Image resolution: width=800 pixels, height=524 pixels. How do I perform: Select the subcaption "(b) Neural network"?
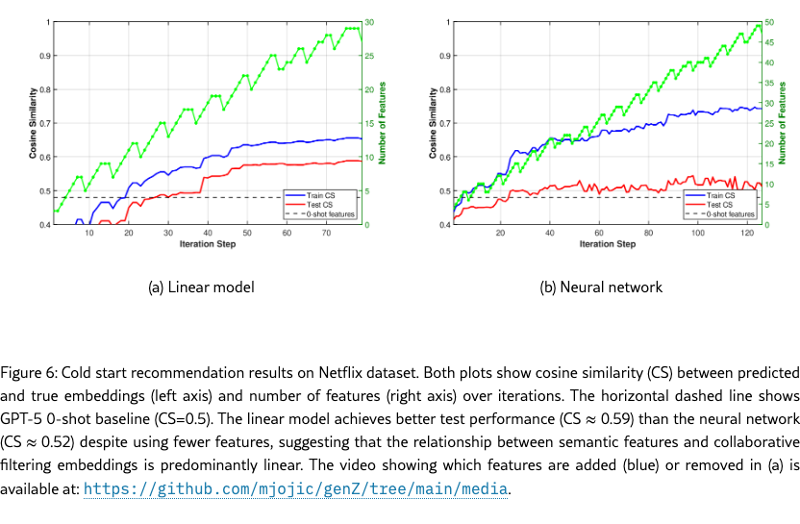click(599, 287)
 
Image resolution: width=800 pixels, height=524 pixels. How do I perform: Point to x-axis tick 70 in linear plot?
click(326, 233)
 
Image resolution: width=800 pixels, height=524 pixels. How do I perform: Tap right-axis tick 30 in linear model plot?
click(369, 22)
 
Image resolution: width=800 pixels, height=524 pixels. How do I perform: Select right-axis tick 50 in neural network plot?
click(769, 22)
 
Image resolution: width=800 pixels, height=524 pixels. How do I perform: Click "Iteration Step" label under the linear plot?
click(208, 244)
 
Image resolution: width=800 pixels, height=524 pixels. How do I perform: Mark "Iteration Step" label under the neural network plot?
click(607, 244)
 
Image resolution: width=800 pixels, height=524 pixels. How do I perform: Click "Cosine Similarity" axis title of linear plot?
click(34, 123)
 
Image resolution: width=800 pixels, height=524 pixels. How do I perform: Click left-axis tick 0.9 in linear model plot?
click(44, 56)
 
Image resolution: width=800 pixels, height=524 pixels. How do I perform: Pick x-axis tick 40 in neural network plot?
click(550, 233)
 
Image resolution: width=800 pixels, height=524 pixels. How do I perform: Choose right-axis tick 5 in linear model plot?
click(366, 191)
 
